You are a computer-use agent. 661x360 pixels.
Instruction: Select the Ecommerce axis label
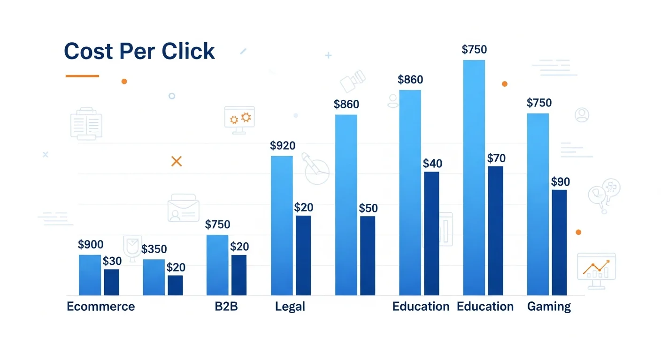click(x=101, y=307)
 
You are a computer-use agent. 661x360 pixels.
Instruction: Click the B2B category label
click(x=226, y=307)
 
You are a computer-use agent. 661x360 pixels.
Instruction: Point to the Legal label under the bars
click(x=290, y=307)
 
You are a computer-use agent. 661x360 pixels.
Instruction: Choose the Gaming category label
click(x=549, y=307)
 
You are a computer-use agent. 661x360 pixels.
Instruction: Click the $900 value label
click(x=91, y=244)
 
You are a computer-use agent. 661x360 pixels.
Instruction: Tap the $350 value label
click(x=154, y=249)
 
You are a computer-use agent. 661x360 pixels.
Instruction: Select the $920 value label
click(x=283, y=145)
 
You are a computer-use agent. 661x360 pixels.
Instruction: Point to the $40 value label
click(x=432, y=163)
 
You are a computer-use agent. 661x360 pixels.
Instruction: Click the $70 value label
click(x=496, y=158)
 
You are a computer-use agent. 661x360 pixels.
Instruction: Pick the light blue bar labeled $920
click(x=282, y=225)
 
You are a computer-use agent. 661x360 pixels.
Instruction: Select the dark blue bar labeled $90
click(x=560, y=242)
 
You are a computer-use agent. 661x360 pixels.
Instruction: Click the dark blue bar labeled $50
click(x=368, y=256)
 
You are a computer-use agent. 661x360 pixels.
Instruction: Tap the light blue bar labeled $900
click(x=90, y=275)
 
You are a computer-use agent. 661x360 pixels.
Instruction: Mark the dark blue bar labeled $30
click(x=112, y=282)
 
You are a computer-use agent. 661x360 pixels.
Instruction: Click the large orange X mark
click(x=177, y=161)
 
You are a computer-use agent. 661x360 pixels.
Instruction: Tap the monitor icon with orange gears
click(x=239, y=120)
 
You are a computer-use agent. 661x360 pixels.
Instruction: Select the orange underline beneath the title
click(x=82, y=76)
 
